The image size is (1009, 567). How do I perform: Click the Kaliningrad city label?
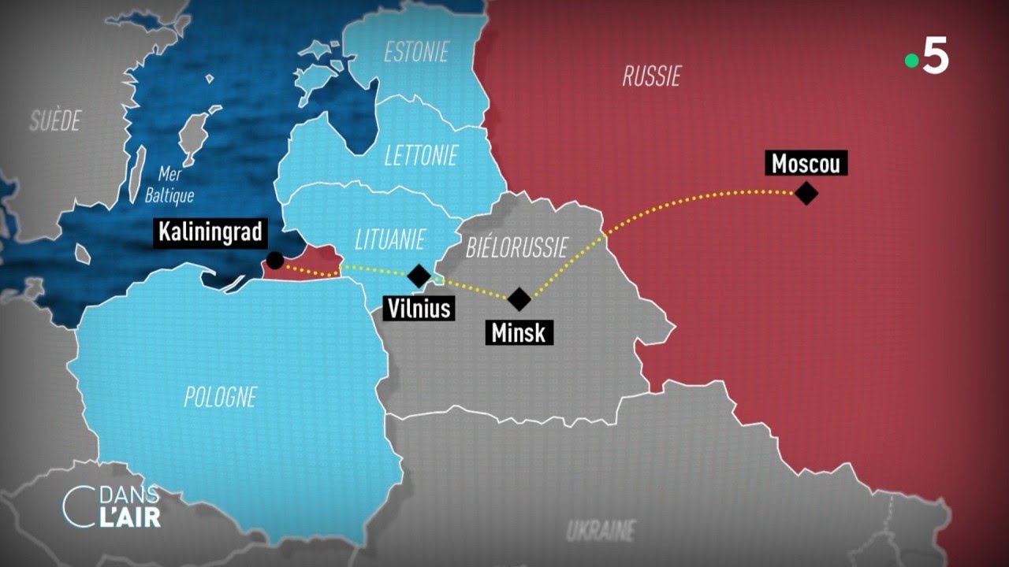point(210,232)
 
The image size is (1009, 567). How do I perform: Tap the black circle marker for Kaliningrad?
point(275,261)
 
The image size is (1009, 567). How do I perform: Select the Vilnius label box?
point(419,307)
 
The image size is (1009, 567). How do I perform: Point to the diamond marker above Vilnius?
point(419,276)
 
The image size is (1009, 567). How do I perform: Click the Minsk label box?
point(518,332)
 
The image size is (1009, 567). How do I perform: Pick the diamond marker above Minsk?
point(519,298)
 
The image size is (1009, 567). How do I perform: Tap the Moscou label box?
point(806,163)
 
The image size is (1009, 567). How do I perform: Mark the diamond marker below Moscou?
point(806,193)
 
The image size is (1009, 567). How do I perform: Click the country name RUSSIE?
point(651,76)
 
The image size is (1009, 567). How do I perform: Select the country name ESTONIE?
point(415,53)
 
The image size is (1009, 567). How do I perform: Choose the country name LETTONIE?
point(420,156)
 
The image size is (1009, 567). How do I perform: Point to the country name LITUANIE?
point(389,239)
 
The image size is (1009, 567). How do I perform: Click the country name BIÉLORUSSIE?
point(516,248)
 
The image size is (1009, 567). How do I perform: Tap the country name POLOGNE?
point(220,397)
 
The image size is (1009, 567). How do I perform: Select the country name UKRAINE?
point(601,530)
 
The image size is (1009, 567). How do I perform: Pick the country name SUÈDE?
point(55,120)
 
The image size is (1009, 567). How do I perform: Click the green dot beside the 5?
point(911,61)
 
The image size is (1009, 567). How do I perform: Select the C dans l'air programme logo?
point(111,506)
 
